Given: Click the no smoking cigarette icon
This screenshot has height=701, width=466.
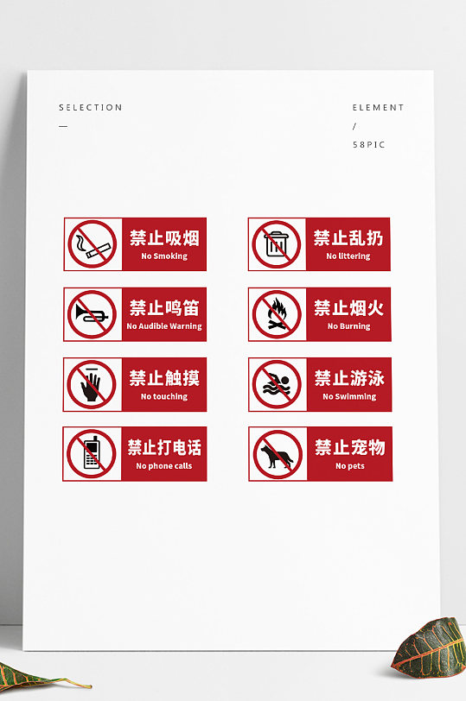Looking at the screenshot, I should pyautogui.click(x=92, y=244).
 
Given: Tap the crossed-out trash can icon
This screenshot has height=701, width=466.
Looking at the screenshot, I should pyautogui.click(x=277, y=244).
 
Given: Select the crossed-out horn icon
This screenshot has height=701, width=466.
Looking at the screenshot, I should pyautogui.click(x=92, y=314).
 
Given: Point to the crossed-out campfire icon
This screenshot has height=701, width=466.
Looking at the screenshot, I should pyautogui.click(x=277, y=314).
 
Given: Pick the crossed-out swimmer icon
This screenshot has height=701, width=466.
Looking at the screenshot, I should pyautogui.click(x=277, y=384).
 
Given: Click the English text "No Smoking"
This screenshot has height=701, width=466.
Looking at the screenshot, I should pyautogui.click(x=164, y=256).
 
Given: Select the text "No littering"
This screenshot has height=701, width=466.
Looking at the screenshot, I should pyautogui.click(x=348, y=256).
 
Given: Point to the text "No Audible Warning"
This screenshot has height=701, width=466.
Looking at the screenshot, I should pyautogui.click(x=164, y=326).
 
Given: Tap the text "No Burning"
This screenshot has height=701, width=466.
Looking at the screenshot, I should pyautogui.click(x=349, y=326).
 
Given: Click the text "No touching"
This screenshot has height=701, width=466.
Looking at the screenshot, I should pyautogui.click(x=164, y=396).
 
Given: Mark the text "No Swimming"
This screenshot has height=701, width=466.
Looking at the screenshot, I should pyautogui.click(x=349, y=396).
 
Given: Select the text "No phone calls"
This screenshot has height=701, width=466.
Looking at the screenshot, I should pyautogui.click(x=164, y=466).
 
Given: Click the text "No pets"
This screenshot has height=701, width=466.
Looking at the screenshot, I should pyautogui.click(x=350, y=466).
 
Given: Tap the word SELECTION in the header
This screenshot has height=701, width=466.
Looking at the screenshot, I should pyautogui.click(x=91, y=108).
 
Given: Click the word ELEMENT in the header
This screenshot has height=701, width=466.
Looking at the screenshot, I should pyautogui.click(x=378, y=108).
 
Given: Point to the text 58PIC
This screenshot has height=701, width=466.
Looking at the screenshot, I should pyautogui.click(x=368, y=144).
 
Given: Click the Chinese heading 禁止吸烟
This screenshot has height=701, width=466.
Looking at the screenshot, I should pyautogui.click(x=164, y=237).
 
